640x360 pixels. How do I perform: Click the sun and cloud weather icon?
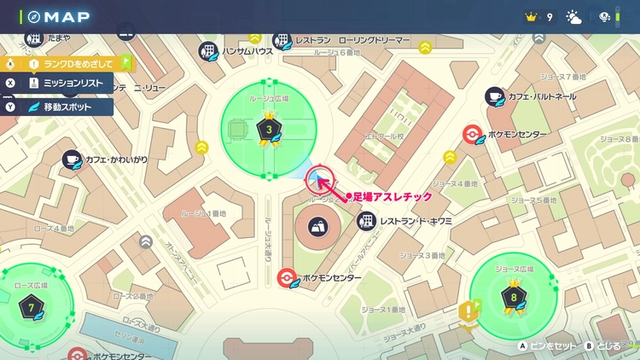pyautogui.click(x=573, y=17)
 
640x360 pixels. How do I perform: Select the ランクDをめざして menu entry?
pyautogui.click(x=77, y=63)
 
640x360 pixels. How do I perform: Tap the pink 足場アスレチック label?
pyautogui.click(x=393, y=197)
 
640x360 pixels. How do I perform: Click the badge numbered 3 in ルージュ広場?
pyautogui.click(x=270, y=130)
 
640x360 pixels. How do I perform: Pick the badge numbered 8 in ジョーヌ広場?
pyautogui.click(x=514, y=299)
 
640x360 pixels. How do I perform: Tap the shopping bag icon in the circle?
pyautogui.click(x=317, y=228)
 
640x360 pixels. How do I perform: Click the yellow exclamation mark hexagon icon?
pyautogui.click(x=468, y=311)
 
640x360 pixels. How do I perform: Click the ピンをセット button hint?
pyautogui.click(x=546, y=347)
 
